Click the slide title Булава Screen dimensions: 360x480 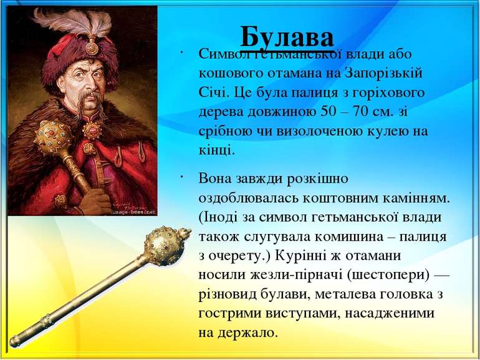click(x=287, y=36)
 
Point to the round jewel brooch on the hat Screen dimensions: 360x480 click(x=92, y=47)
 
